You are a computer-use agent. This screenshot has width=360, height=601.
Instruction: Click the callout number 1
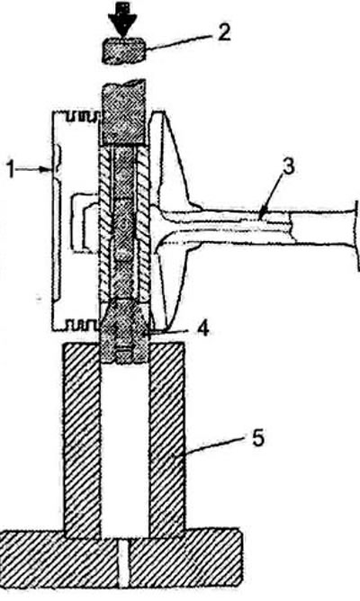[x=13, y=169]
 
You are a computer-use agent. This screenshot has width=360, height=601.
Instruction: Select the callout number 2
[x=223, y=32]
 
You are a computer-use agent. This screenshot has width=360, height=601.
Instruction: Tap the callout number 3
[x=289, y=166]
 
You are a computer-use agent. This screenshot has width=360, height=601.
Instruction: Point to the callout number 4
[x=203, y=329]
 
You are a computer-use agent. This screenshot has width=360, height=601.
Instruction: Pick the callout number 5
[x=258, y=438]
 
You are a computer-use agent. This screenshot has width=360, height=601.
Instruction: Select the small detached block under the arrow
[x=123, y=49]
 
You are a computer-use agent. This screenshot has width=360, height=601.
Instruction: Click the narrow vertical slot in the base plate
[x=122, y=563]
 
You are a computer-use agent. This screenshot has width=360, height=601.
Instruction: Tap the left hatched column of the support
[x=82, y=439]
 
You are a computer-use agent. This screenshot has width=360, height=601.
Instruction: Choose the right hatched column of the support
[x=166, y=439]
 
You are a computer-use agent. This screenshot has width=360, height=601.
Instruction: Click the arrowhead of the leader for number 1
[x=48, y=169]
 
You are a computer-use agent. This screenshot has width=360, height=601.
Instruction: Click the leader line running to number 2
[x=178, y=42]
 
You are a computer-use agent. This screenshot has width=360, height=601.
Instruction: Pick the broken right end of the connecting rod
[x=357, y=235]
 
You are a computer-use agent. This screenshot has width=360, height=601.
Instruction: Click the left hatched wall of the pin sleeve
[x=104, y=222]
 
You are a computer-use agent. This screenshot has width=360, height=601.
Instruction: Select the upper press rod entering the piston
[x=123, y=112]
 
